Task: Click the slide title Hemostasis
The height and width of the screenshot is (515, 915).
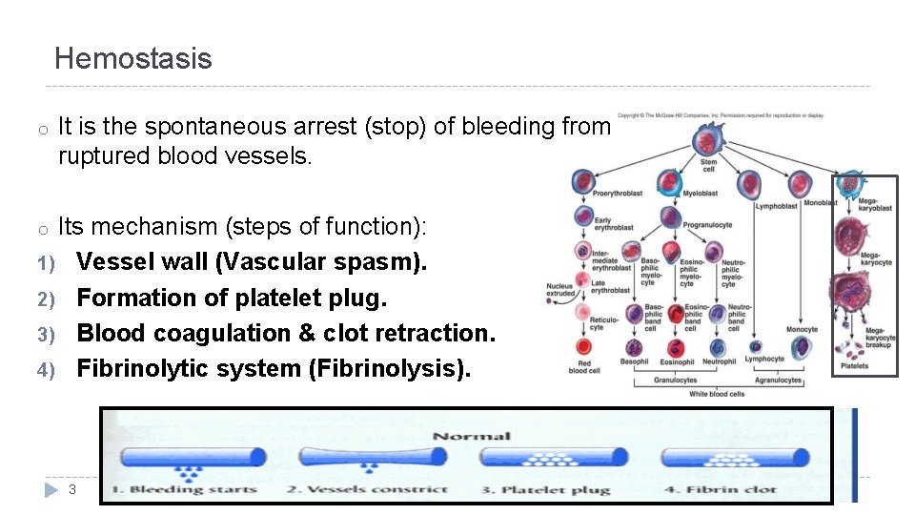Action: tap(132, 59)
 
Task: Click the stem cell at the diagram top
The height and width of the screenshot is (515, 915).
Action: tap(707, 143)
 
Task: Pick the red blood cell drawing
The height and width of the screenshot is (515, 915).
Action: tap(579, 349)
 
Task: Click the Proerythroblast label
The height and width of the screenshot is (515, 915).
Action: tap(617, 194)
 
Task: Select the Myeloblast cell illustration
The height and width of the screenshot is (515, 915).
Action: tap(698, 182)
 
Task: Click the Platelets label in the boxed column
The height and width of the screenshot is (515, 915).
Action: tap(854, 366)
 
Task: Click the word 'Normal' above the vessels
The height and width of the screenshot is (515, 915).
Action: tap(472, 436)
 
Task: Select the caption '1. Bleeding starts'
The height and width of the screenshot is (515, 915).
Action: tap(180, 489)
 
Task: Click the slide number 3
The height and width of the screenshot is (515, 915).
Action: tap(72, 489)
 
